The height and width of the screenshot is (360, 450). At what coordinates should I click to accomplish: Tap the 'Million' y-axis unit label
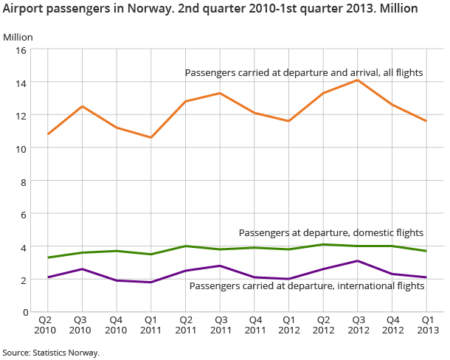[x=18, y=37]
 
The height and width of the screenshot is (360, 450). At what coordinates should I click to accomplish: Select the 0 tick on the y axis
[x=24, y=312]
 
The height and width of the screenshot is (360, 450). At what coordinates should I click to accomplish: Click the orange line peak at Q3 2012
[x=357, y=80]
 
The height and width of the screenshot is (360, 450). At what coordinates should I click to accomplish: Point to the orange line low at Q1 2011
[x=150, y=137]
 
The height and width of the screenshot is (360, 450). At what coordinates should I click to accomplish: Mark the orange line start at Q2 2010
[x=48, y=134]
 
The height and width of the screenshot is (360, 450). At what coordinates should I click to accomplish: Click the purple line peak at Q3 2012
[x=357, y=261]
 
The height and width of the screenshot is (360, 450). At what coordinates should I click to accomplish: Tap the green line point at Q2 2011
[x=185, y=246]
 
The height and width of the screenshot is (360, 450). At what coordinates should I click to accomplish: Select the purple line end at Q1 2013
[x=426, y=277]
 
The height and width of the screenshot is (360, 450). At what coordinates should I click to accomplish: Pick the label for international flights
[x=307, y=285]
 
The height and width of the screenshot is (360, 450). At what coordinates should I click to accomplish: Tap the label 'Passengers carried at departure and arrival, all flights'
[x=305, y=72]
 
